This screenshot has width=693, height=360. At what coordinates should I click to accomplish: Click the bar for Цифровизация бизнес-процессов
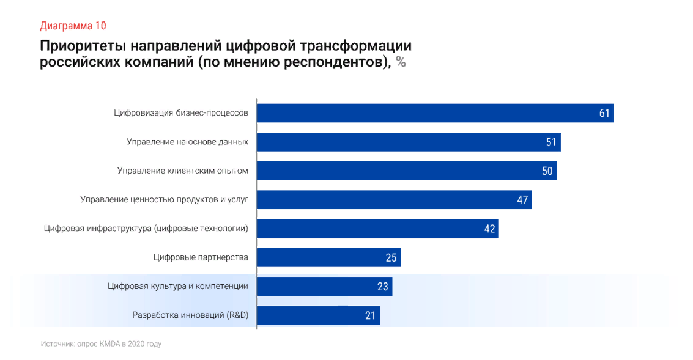click(428, 113)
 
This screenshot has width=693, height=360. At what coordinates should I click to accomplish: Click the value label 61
click(604, 113)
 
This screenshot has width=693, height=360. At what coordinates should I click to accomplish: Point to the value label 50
click(547, 171)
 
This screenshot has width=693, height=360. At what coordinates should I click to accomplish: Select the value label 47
click(522, 200)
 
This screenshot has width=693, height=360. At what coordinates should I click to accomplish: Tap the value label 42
click(489, 229)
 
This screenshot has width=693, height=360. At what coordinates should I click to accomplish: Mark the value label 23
click(383, 286)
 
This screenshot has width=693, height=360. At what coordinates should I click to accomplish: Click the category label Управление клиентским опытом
click(183, 171)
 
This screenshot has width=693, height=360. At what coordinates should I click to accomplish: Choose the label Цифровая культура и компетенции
click(178, 286)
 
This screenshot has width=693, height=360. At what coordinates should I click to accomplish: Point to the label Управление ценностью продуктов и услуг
click(165, 199)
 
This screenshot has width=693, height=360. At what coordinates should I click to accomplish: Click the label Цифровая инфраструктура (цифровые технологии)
click(146, 229)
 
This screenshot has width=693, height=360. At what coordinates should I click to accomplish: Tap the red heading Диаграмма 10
click(73, 26)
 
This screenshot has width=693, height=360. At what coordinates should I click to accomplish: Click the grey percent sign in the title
click(401, 62)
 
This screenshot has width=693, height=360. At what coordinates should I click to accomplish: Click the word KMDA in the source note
click(109, 344)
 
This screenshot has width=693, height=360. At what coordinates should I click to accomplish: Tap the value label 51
click(551, 142)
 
